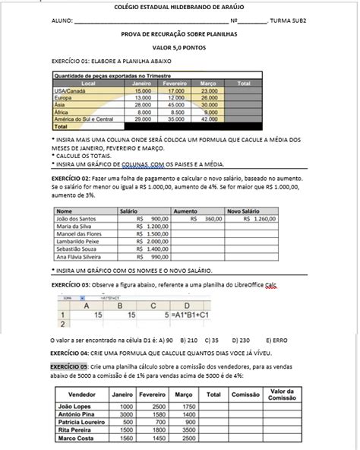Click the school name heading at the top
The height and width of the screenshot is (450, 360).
pyautogui.click(x=179, y=7)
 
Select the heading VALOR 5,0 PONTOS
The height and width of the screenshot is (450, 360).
pyautogui.click(x=179, y=47)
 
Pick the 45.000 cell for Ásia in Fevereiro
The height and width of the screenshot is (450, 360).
pyautogui.click(x=175, y=105)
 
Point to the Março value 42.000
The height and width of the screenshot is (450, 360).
pyautogui.click(x=210, y=119)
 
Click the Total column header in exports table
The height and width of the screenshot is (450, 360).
pyautogui.click(x=244, y=84)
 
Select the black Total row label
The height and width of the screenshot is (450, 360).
pyautogui.click(x=60, y=126)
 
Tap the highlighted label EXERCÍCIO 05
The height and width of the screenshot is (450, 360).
pyautogui.click(x=71, y=366)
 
